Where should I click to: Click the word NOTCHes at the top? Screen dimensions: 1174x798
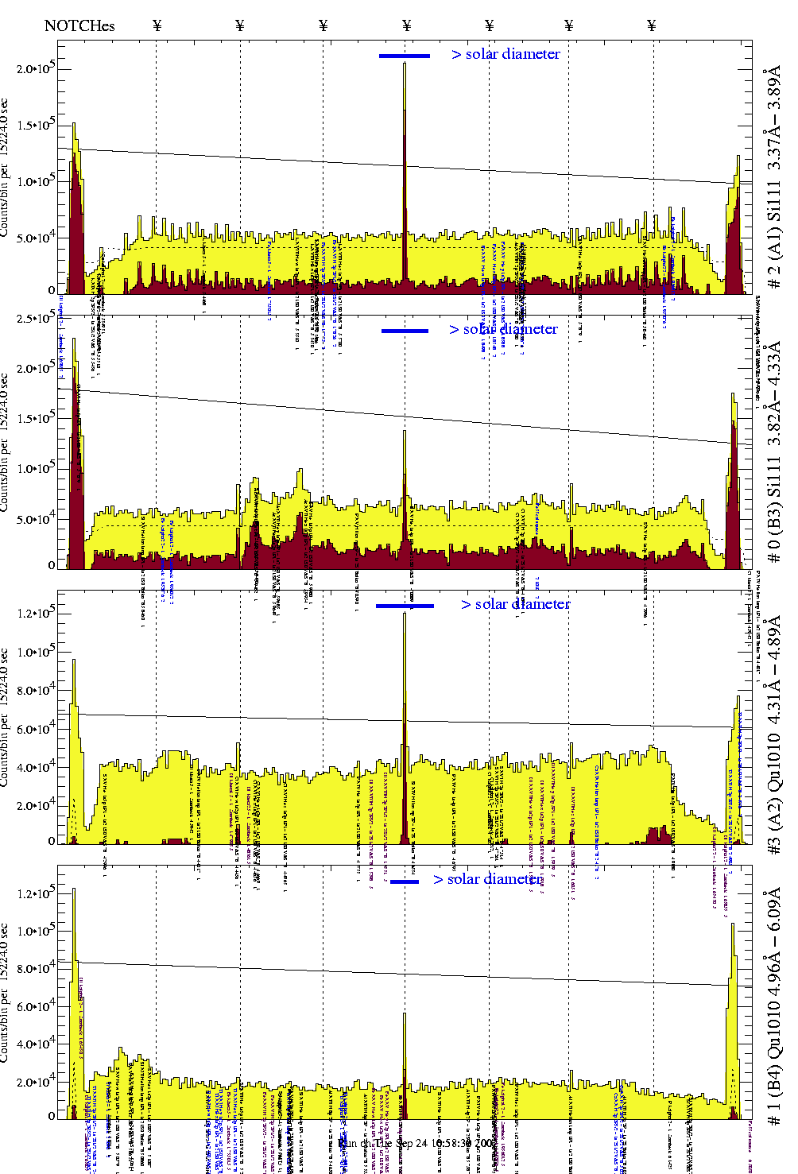tap(79, 25)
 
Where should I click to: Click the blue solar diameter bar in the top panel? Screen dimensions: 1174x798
tap(405, 56)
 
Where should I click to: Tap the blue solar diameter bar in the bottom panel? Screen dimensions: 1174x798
tap(405, 881)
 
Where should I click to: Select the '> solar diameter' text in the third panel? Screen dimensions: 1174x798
tap(515, 604)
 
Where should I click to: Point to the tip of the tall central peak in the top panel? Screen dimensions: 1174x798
tap(405, 64)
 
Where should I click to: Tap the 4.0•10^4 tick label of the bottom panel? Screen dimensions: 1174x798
tap(36, 1043)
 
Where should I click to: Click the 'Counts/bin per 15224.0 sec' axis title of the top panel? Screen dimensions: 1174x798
tap(6, 167)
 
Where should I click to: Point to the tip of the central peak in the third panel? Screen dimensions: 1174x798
tap(405, 613)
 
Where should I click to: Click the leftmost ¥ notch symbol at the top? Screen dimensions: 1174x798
tap(157, 25)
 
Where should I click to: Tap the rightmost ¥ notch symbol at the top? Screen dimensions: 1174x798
tap(652, 25)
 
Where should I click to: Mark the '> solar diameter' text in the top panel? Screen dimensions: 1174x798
tap(506, 54)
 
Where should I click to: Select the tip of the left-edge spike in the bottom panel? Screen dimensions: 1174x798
tap(74, 889)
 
